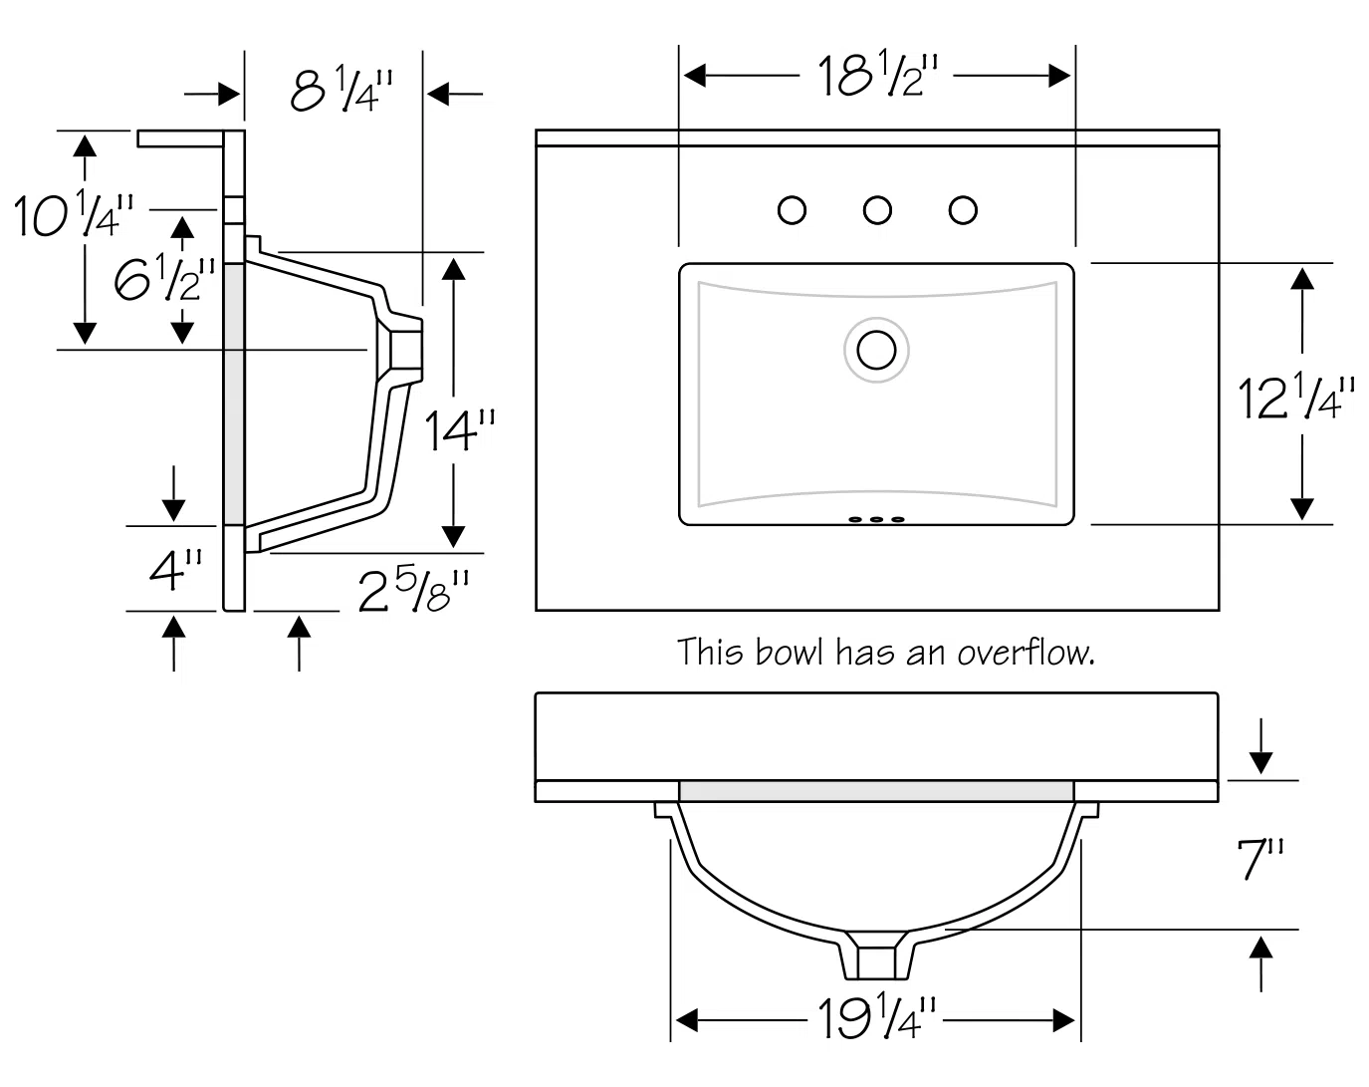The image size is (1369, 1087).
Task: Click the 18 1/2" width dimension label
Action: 878,75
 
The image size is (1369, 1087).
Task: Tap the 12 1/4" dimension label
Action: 1295,397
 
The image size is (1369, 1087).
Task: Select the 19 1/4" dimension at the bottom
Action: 877,1017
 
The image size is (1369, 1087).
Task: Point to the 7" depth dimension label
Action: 1259,859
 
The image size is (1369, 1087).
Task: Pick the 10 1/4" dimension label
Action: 72,215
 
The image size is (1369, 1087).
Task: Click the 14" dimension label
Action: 459,430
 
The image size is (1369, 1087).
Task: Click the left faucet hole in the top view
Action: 792,210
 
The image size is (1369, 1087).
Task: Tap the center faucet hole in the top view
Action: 877,210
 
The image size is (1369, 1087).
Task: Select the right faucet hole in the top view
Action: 963,210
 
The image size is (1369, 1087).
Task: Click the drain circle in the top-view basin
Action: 877,350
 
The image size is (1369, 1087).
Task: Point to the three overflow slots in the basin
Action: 876,519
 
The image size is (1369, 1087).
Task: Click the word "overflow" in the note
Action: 1026,653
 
